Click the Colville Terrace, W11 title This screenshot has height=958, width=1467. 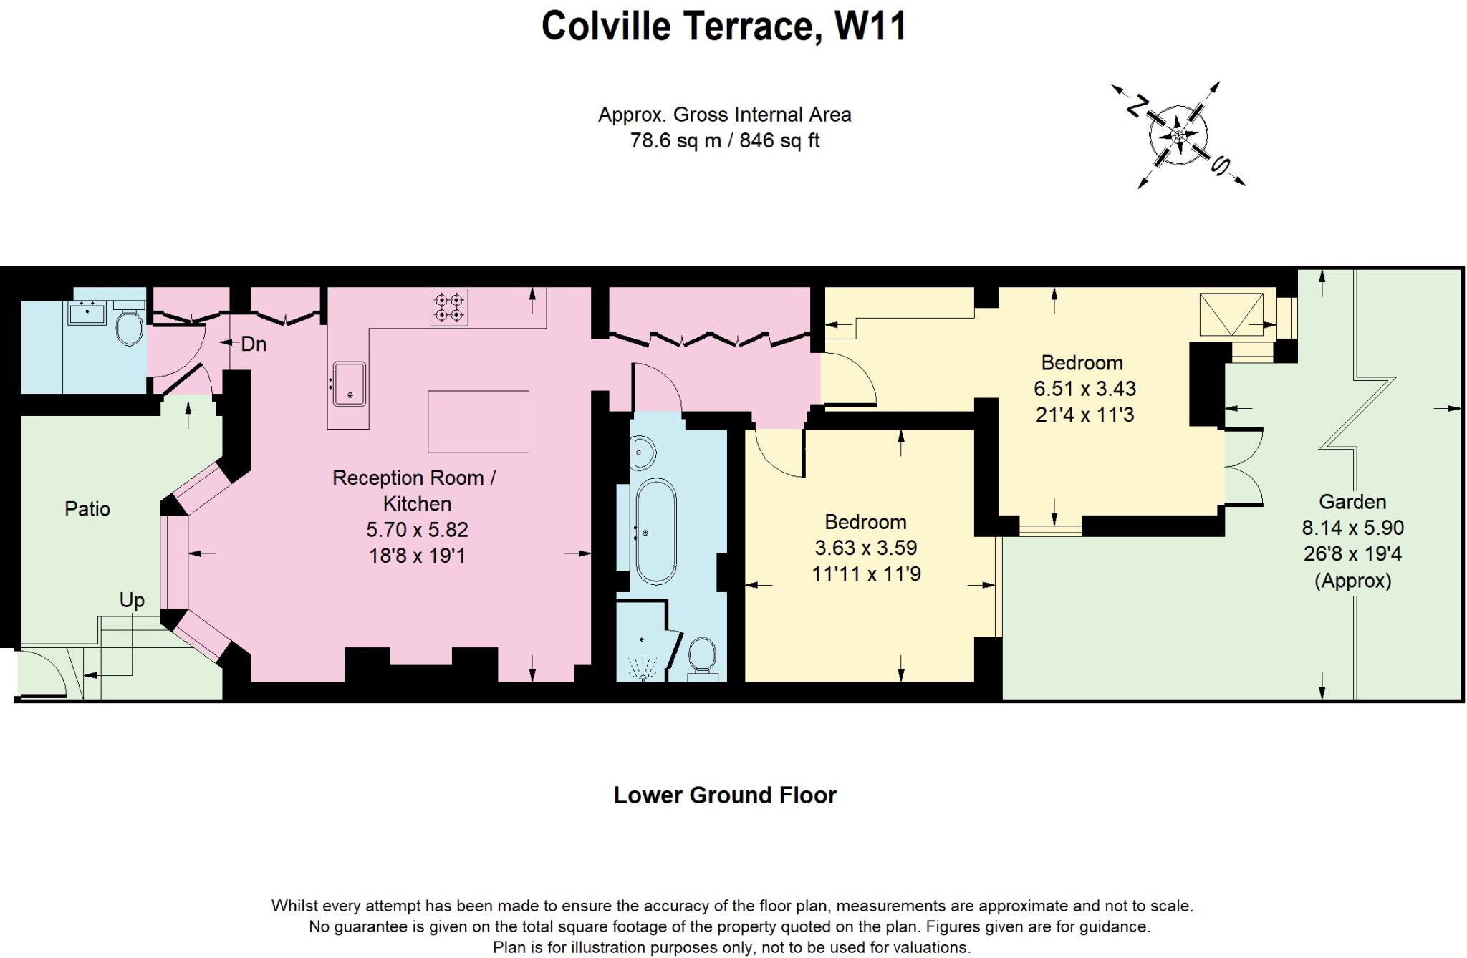click(724, 26)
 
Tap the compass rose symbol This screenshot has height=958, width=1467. click(1178, 135)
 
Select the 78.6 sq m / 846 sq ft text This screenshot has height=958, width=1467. click(724, 140)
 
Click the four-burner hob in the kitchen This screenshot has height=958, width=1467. click(449, 307)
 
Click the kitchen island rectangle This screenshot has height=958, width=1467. click(478, 421)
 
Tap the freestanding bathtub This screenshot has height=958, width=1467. click(655, 531)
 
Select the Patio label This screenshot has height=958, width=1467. click(87, 509)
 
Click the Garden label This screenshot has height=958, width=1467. click(1352, 502)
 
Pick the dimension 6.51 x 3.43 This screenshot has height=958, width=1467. click(1084, 389)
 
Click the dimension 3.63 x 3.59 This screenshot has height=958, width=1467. click(865, 548)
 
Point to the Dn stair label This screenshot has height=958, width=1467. click(254, 344)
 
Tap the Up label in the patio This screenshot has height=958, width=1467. click(132, 600)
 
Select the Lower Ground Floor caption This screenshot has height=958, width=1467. click(724, 795)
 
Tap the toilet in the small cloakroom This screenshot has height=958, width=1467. click(130, 326)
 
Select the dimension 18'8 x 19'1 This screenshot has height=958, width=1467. click(417, 556)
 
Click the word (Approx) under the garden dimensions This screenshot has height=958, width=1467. click(1352, 581)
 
